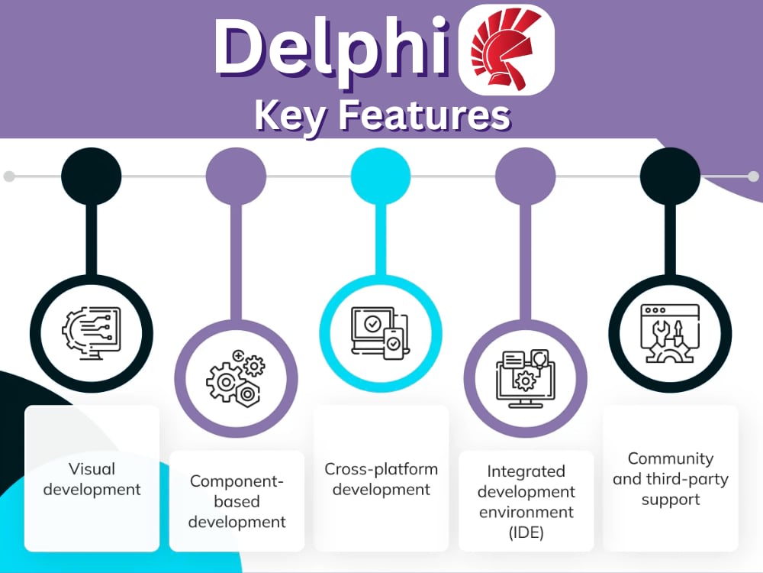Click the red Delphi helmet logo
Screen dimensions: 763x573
pos(506,50)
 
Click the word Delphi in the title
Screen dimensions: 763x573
pos(331,50)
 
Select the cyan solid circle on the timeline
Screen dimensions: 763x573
pos(381,176)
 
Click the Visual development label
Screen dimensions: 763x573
pos(92,479)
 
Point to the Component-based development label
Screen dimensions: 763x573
pos(237,501)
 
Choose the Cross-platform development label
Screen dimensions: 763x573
pos(381,479)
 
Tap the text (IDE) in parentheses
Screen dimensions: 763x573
pos(526,533)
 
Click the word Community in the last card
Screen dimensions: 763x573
pos(671,458)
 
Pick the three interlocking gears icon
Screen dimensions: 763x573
pos(236,378)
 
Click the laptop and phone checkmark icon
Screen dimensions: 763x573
pos(381,334)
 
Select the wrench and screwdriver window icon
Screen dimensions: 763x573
pos(670,334)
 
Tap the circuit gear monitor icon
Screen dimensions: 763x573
pos(92,334)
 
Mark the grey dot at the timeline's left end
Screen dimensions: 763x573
pos(8,176)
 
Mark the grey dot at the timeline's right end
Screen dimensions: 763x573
pos(753,176)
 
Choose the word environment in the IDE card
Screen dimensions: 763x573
pos(526,512)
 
